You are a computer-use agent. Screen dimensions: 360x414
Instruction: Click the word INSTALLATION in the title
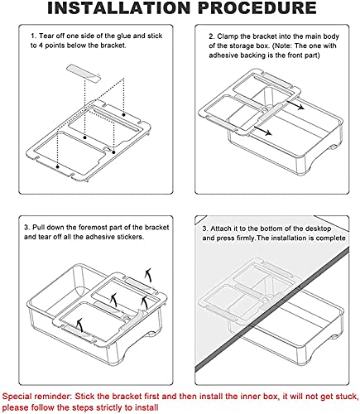pos(119,7)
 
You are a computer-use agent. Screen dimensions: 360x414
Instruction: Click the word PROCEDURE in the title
pos(257,7)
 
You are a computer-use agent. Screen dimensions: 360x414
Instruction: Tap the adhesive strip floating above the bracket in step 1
pos(84,72)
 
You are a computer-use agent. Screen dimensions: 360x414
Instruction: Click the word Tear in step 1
pos(47,36)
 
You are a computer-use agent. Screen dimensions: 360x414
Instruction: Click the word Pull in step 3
pos(39,228)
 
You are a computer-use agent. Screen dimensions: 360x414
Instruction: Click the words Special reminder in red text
pos(36,397)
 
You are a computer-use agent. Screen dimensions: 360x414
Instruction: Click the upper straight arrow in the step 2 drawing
pos(295,105)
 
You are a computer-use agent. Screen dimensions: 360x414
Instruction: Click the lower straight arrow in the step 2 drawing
pos(262,131)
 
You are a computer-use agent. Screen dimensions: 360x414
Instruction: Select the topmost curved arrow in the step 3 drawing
pos(149,275)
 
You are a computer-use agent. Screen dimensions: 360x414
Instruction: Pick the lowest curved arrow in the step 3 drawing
pos(80,325)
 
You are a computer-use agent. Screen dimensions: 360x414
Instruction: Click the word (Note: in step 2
pos(282,46)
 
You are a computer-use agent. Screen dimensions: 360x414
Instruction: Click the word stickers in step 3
pos(130,237)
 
